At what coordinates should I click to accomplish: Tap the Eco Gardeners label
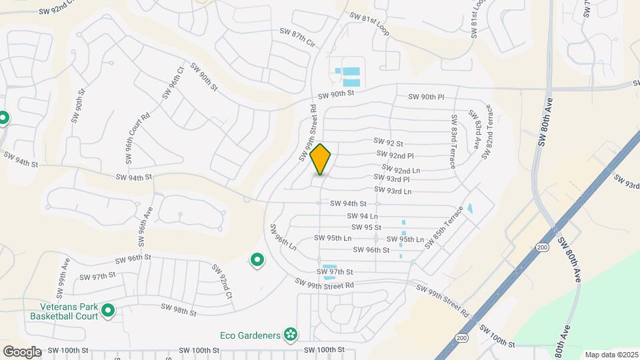pos(249,335)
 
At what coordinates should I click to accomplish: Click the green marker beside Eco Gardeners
pos(290,334)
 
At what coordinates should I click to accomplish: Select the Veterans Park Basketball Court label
pos(64,311)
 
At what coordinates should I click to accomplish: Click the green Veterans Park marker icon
pos(107,311)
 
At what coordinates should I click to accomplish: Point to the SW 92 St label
pos(389,143)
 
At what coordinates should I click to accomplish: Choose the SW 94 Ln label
pos(363,216)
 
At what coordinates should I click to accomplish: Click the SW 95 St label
pos(366,227)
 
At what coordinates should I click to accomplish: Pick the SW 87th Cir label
pos(297,37)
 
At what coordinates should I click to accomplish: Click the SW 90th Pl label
pos(427,97)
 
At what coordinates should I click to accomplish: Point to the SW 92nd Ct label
pos(222,281)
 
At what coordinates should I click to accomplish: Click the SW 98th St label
pos(179,310)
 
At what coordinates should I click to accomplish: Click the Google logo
pos(22,351)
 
